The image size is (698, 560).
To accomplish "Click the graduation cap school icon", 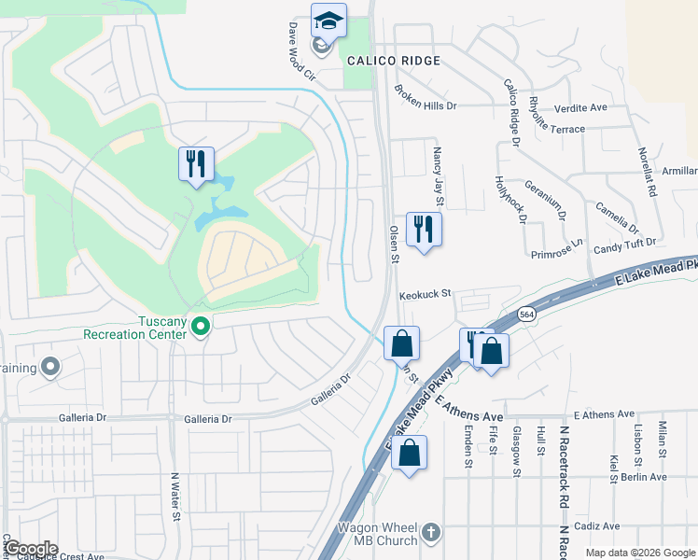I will (328, 21).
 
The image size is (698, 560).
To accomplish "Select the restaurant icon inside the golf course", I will (196, 164).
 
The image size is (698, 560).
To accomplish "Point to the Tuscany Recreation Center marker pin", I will (200, 326).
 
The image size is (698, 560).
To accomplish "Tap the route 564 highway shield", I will (527, 315).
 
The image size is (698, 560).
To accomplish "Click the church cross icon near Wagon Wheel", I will (430, 532).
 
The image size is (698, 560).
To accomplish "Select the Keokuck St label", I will (425, 294).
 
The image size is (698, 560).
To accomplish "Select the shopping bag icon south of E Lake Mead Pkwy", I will (409, 455).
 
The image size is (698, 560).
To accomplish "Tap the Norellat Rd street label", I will (647, 171).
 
